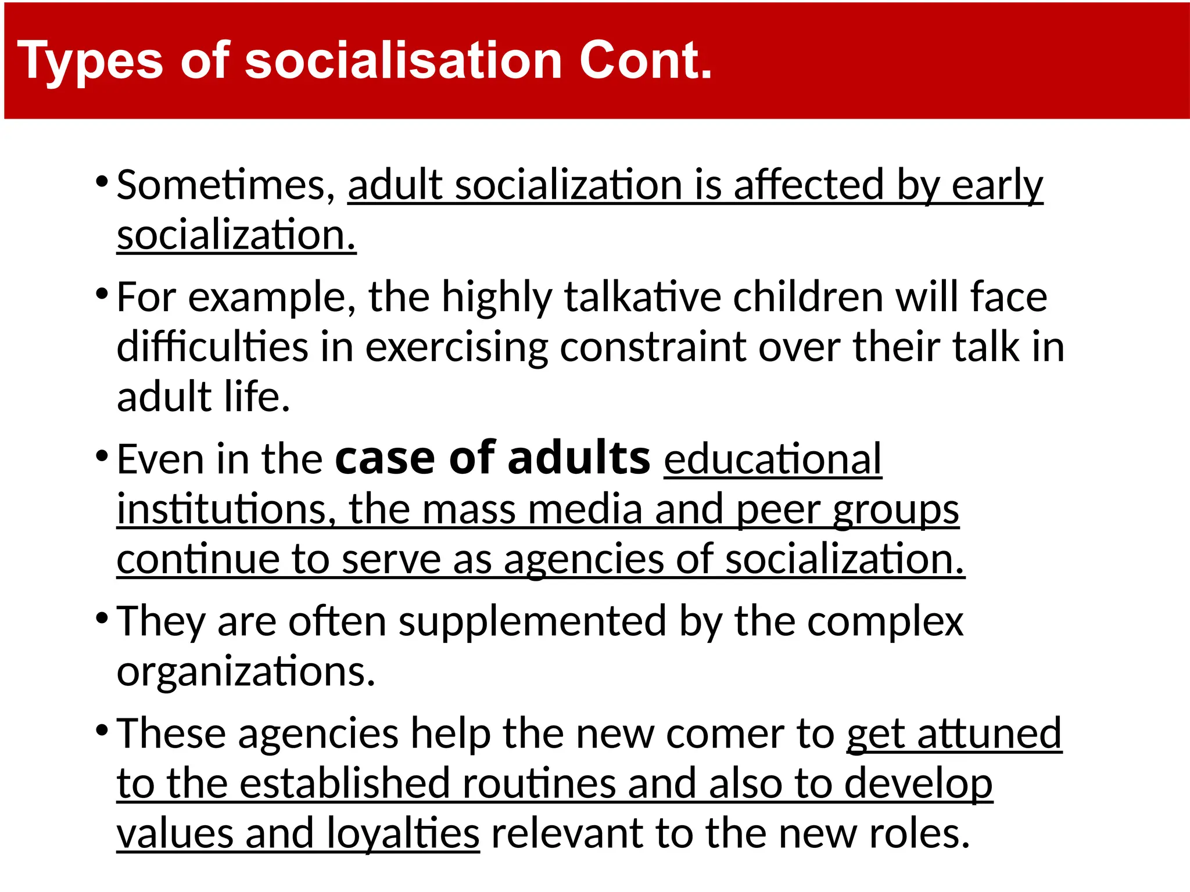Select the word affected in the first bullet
[808, 185]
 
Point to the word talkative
[643, 297]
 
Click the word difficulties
[212, 347]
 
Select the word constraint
[653, 348]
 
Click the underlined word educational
[773, 459]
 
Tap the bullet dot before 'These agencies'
[102, 729]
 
